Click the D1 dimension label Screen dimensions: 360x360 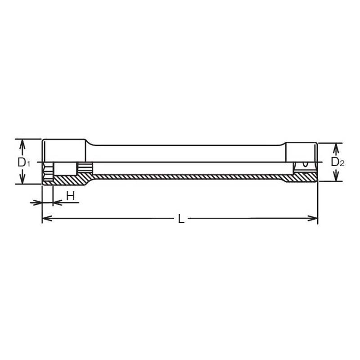pos(23,162)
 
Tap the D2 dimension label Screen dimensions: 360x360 pos(337,162)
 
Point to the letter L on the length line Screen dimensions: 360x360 pos(180,219)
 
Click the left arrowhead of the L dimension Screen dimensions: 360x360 pos(45,219)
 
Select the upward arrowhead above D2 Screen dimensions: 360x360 pos(335,146)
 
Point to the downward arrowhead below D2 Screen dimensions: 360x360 pos(335,179)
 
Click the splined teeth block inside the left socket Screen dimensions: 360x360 pos(84,168)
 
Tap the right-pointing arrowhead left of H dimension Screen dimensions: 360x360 pos(39,202)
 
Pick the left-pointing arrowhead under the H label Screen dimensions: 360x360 pos(56,202)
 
